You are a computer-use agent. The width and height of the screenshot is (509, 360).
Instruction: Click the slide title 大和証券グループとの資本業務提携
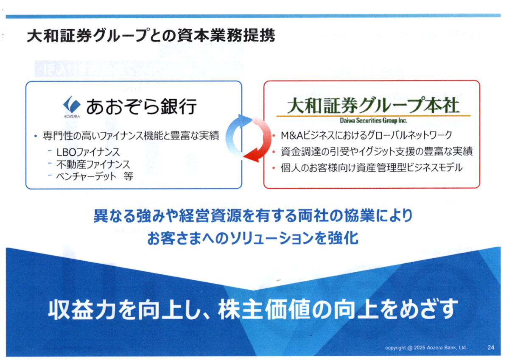point(151,36)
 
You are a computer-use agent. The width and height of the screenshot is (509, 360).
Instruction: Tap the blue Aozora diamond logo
point(72,105)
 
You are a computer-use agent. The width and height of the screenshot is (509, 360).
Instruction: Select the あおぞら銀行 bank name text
point(141,106)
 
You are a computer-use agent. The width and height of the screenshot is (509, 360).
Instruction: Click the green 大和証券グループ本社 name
point(373,106)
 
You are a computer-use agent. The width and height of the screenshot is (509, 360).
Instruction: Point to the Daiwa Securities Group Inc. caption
point(373,120)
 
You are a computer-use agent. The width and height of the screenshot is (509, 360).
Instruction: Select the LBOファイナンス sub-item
point(88,152)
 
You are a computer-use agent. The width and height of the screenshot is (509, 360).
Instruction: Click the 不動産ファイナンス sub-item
point(93,164)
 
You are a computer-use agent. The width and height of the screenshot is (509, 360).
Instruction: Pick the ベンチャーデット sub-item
point(87,176)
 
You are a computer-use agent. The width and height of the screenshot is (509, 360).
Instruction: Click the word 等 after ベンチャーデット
point(129,176)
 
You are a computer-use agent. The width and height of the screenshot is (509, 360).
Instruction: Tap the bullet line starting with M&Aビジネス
point(366,135)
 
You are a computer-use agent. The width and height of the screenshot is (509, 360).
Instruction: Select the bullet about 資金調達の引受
point(377,151)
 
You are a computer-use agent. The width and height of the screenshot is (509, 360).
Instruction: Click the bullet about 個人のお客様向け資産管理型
point(372,168)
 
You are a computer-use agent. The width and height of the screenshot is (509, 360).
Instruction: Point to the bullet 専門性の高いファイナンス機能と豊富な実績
point(131,136)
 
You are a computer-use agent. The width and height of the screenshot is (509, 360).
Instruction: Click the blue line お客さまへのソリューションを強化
point(253,238)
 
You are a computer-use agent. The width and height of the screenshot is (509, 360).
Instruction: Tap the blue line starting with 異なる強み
point(253,215)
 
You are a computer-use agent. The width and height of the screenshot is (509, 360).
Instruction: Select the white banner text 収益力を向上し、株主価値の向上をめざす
point(252,310)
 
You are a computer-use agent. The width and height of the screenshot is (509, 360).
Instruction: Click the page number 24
point(491,347)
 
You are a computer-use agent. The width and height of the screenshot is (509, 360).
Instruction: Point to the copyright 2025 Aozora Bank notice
point(426,348)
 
